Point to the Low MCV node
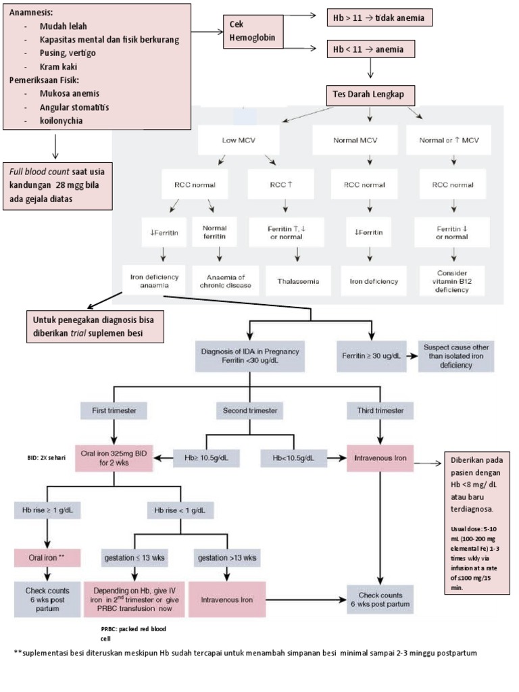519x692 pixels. pyautogui.click(x=239, y=141)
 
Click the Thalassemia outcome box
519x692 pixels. pyautogui.click(x=294, y=280)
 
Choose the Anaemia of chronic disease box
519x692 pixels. pyautogui.click(x=221, y=280)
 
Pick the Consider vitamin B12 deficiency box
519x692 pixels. pyautogui.click(x=452, y=280)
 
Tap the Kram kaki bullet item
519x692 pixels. pyautogui.click(x=58, y=66)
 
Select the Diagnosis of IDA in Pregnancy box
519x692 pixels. pyautogui.click(x=250, y=355)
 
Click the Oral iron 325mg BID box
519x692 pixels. pyautogui.click(x=113, y=458)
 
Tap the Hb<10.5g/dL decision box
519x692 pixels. pyautogui.click(x=293, y=458)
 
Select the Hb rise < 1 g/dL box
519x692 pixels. pyautogui.click(x=180, y=509)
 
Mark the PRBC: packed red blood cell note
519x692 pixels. pyautogui.click(x=133, y=633)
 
